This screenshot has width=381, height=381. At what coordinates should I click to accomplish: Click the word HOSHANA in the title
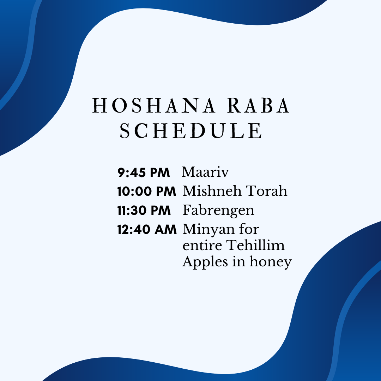[154, 106]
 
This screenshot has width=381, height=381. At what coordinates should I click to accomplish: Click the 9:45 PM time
[144, 173]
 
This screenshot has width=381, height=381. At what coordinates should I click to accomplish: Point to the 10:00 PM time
[146, 191]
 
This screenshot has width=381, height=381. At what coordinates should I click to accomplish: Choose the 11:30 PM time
[144, 210]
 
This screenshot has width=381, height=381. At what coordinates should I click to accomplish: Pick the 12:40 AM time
[147, 229]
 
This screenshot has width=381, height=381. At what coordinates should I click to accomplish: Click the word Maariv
[205, 172]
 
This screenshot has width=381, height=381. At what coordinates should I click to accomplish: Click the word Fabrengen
[218, 210]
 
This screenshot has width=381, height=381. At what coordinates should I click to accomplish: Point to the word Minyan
[209, 230]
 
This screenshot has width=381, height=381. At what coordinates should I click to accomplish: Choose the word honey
[271, 262]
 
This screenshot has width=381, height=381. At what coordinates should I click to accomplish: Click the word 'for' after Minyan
[249, 229]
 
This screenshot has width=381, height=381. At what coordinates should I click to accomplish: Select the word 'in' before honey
[239, 261]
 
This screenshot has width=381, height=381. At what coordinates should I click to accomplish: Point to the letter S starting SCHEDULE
[125, 131]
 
